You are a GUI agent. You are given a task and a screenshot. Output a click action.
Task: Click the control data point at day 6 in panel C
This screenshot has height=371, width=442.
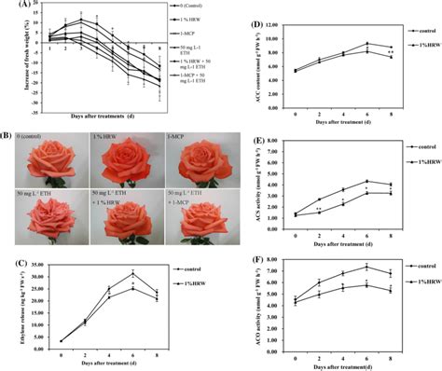pyautogui.click(x=133, y=273)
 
